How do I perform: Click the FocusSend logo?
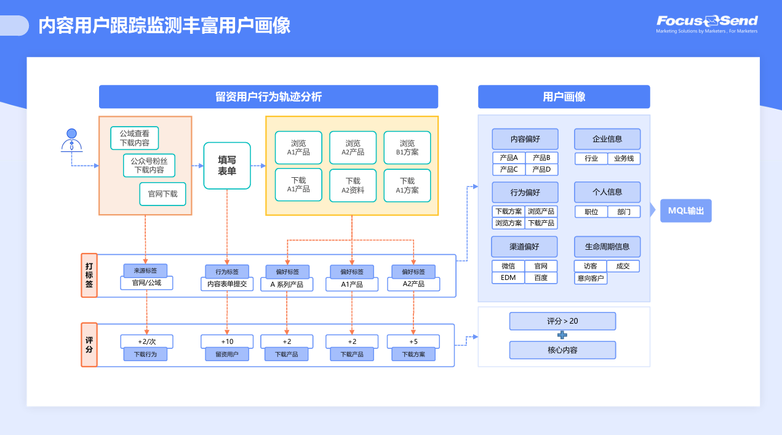pos(707,23)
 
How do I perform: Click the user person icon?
pos(72,141)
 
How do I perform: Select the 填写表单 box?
pos(227,166)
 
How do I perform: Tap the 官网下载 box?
pos(162,194)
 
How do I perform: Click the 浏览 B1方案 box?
pos(407,148)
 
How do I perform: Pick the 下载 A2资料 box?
pos(353,186)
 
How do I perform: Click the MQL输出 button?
pos(685,210)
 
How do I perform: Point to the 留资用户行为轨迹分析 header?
pos(268,97)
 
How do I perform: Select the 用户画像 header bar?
pos(564,97)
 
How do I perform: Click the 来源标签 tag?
pos(145,271)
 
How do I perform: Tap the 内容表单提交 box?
pos(227,284)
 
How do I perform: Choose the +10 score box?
pos(227,341)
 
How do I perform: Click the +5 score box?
pos(413,341)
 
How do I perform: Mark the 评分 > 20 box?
pos(562,321)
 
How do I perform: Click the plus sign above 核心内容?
pos(562,335)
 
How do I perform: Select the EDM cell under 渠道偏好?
pos(508,277)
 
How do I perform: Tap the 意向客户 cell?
pos(591,278)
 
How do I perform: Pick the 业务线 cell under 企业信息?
pos(624,158)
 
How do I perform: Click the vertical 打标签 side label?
pos(89,275)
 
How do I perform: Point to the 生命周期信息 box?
pos(607,247)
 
